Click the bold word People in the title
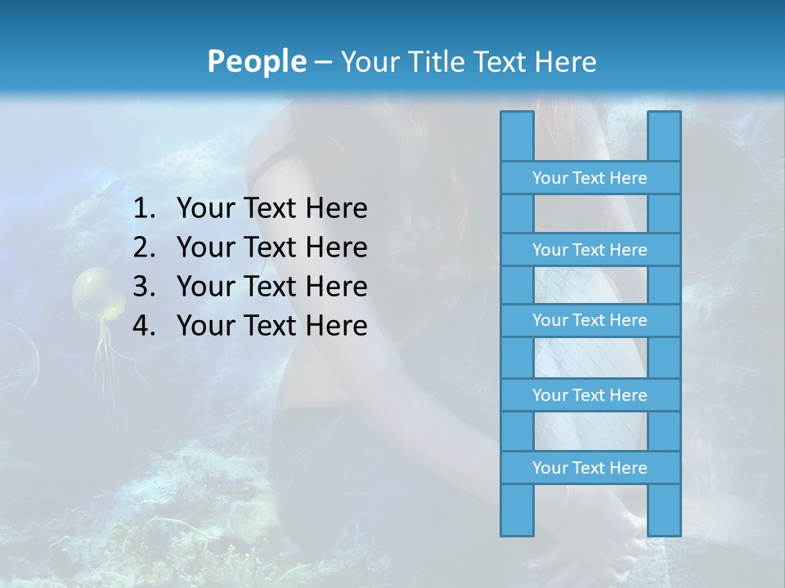(x=256, y=61)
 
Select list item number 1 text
(x=271, y=208)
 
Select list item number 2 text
(x=271, y=247)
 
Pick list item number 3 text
(x=271, y=287)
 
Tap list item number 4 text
(x=271, y=326)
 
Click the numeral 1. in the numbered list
(x=144, y=208)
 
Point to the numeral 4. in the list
(x=144, y=326)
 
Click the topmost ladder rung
(x=590, y=178)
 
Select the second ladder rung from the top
(x=590, y=250)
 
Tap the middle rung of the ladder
(x=590, y=320)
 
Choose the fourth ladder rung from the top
(x=590, y=395)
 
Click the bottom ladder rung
(x=590, y=468)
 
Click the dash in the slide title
(x=322, y=61)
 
